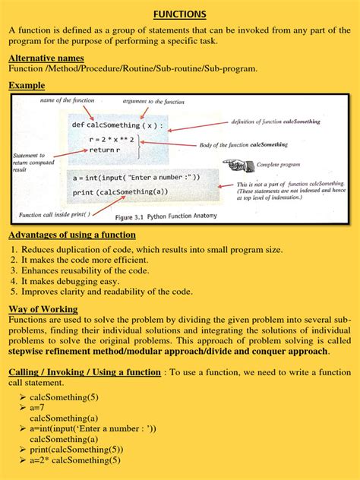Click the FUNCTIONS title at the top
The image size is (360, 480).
179,14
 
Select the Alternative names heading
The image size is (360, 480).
46,58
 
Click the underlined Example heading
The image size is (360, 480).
27,86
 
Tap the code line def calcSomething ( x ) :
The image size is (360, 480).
117,125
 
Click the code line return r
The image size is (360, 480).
106,150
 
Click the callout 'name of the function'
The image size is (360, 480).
66,101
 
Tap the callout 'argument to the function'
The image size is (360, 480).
154,101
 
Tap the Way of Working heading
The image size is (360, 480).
43,309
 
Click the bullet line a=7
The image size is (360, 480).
38,408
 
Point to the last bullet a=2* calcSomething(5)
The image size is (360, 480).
74,460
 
